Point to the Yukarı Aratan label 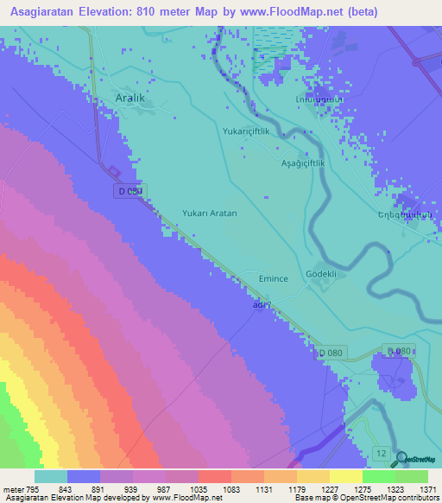pyautogui.click(x=209, y=213)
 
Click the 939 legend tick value pyautogui.click(x=148, y=488)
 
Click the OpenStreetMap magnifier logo pyautogui.click(x=400, y=460)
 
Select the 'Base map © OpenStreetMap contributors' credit pyautogui.click(x=366, y=499)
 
